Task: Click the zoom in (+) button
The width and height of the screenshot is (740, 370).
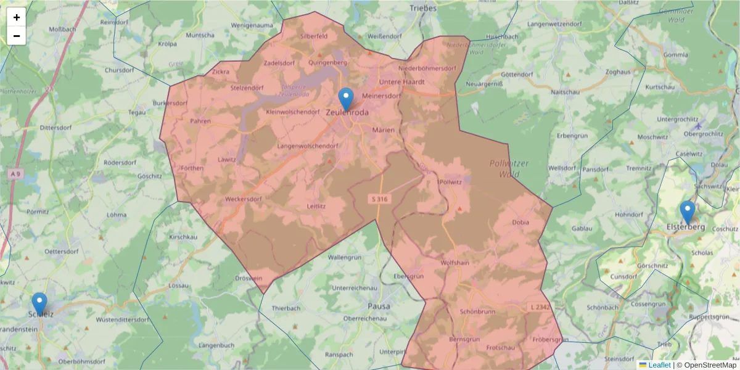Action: [17, 17]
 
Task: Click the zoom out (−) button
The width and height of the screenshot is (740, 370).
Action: [17, 36]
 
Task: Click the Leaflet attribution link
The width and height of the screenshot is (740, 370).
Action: [659, 365]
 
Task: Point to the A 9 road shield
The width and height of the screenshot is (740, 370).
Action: [16, 175]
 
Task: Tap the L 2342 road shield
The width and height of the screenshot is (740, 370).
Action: [540, 306]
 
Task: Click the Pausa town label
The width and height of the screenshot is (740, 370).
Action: [379, 305]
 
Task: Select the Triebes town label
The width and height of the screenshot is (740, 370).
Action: [423, 8]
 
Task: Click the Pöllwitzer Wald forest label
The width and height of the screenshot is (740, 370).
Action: [509, 168]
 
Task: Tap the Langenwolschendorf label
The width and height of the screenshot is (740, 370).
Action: [308, 146]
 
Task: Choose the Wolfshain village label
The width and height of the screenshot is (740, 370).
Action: [456, 263]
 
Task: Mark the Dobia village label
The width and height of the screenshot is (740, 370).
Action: [520, 223]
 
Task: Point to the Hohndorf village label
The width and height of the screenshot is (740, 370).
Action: [629, 215]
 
